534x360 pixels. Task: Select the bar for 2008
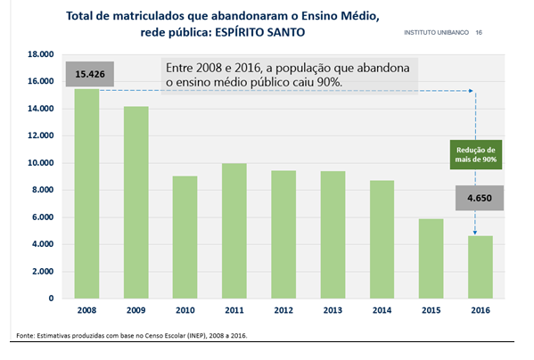pyautogui.click(x=86, y=193)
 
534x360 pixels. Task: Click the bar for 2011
pyautogui.click(x=234, y=231)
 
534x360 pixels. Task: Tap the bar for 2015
pyautogui.click(x=431, y=258)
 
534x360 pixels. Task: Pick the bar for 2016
pyautogui.click(x=481, y=267)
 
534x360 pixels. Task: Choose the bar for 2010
pyautogui.click(x=185, y=237)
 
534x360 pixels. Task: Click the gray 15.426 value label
pyautogui.click(x=90, y=74)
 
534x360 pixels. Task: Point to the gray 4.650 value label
pyautogui.click(x=480, y=198)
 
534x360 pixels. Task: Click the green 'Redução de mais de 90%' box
pyautogui.click(x=476, y=154)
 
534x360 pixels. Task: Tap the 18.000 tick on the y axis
pyautogui.click(x=40, y=54)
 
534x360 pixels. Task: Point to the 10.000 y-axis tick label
pyautogui.click(x=40, y=163)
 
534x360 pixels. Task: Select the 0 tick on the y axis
pyautogui.click(x=51, y=299)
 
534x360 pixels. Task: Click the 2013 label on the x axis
pyautogui.click(x=333, y=310)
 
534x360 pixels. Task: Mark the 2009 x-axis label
pyautogui.click(x=136, y=310)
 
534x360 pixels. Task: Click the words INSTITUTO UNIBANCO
pyautogui.click(x=436, y=33)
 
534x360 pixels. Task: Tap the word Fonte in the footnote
pyautogui.click(x=25, y=336)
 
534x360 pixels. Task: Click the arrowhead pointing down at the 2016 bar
pyautogui.click(x=475, y=233)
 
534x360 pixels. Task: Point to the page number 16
pyautogui.click(x=479, y=33)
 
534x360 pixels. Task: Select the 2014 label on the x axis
pyautogui.click(x=382, y=310)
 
